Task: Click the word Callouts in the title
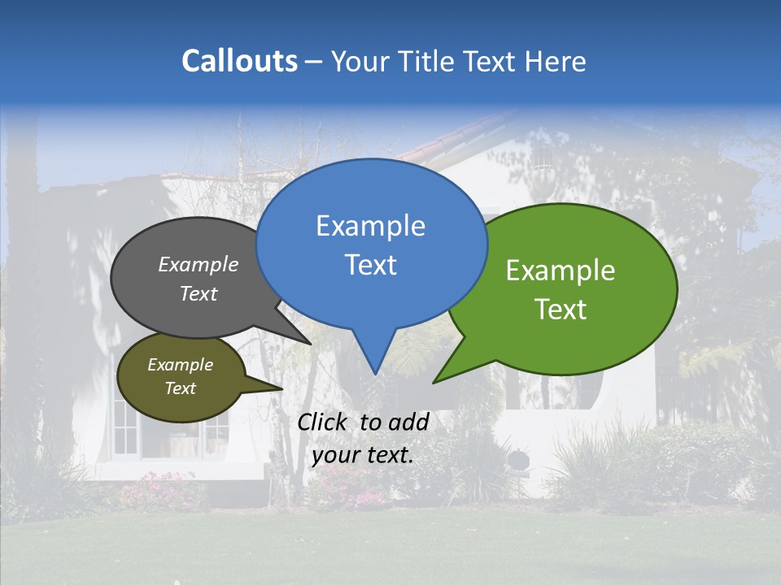click(x=239, y=61)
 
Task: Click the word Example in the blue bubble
click(x=370, y=226)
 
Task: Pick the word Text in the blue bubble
click(x=370, y=265)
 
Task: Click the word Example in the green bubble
click(x=561, y=271)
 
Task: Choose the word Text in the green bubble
click(x=561, y=309)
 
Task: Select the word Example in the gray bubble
click(x=199, y=264)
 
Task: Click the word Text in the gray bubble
click(x=199, y=293)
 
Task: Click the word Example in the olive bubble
click(x=180, y=365)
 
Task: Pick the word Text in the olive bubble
click(x=180, y=388)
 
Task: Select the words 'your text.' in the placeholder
click(x=363, y=455)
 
